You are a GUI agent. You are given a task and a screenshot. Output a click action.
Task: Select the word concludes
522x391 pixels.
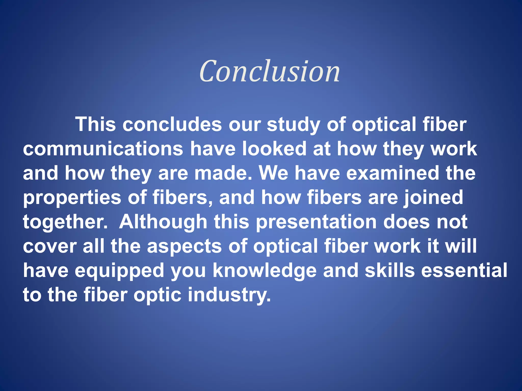click(x=172, y=124)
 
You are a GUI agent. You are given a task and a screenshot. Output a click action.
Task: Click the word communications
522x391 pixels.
click(x=103, y=149)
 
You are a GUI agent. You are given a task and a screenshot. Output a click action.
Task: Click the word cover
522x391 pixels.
click(x=50, y=246)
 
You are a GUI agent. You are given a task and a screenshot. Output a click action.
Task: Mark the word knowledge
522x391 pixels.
click(x=265, y=271)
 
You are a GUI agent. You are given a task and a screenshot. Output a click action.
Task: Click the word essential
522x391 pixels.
click(x=464, y=270)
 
